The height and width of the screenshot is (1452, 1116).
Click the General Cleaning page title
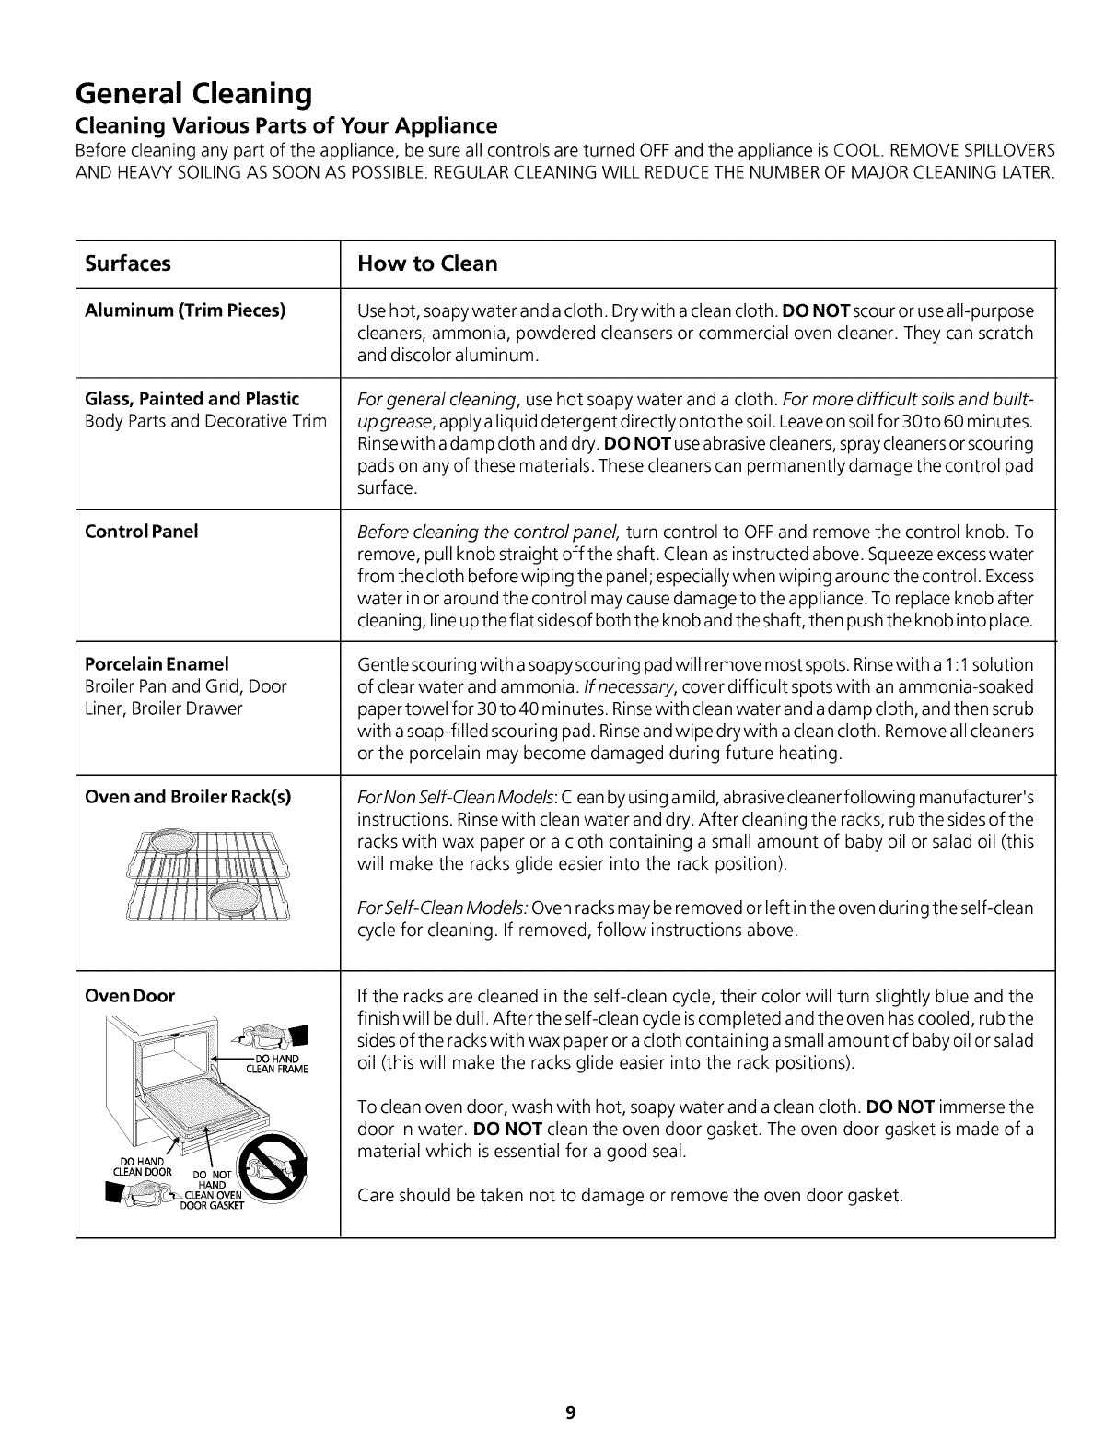click(192, 94)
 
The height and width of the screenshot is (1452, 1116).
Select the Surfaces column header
click(128, 263)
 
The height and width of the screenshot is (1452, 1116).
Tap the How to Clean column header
click(427, 263)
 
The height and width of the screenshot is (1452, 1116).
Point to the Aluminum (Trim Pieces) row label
click(185, 310)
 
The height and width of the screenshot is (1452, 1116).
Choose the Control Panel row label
click(141, 532)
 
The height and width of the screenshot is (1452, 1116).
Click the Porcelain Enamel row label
click(157, 664)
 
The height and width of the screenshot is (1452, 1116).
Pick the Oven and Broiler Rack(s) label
click(188, 797)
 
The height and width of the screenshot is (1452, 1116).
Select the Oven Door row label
click(130, 996)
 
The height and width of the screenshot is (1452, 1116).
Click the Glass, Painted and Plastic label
click(192, 399)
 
